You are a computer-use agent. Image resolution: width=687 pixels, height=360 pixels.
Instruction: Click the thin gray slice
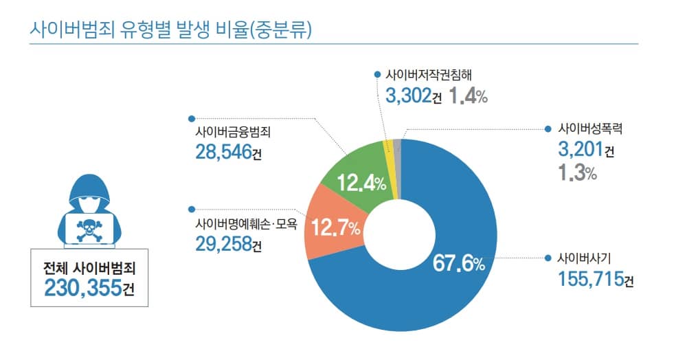point(396,144)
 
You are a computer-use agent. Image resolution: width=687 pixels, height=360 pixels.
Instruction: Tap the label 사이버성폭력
point(589,128)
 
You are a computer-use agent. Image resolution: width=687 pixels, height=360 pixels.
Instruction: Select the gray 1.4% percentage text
point(468,96)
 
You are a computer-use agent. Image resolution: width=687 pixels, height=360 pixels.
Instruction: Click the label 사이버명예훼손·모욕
point(246,223)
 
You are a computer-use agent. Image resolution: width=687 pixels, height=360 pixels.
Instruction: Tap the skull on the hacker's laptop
point(90,226)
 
